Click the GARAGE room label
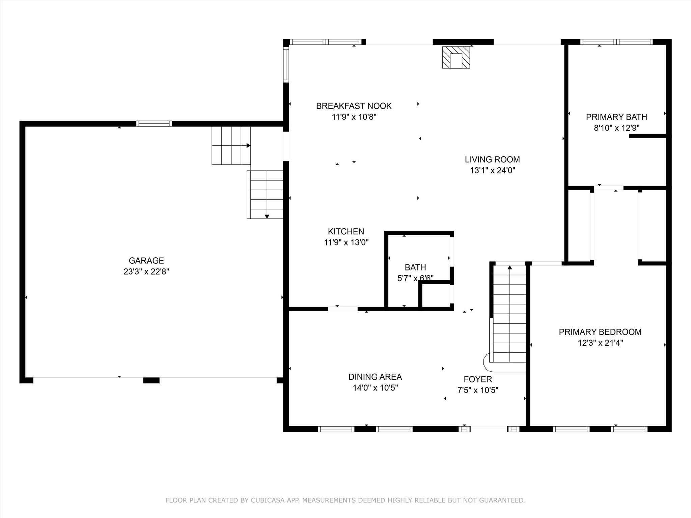(x=146, y=260)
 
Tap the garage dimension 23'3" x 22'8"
(x=146, y=271)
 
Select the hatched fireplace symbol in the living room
(x=456, y=57)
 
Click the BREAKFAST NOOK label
(x=354, y=106)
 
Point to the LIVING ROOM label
(x=492, y=159)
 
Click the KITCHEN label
(x=346, y=231)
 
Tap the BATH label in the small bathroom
(x=415, y=267)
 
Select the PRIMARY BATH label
(x=616, y=117)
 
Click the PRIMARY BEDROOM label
(x=600, y=332)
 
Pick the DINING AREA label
(x=375, y=377)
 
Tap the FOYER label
(x=477, y=379)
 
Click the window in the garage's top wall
(x=154, y=123)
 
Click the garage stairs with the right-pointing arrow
(x=231, y=146)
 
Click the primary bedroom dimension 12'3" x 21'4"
(x=600, y=343)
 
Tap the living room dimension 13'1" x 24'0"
(x=492, y=170)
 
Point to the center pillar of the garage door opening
(x=151, y=380)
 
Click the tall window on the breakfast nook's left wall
(x=286, y=64)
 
